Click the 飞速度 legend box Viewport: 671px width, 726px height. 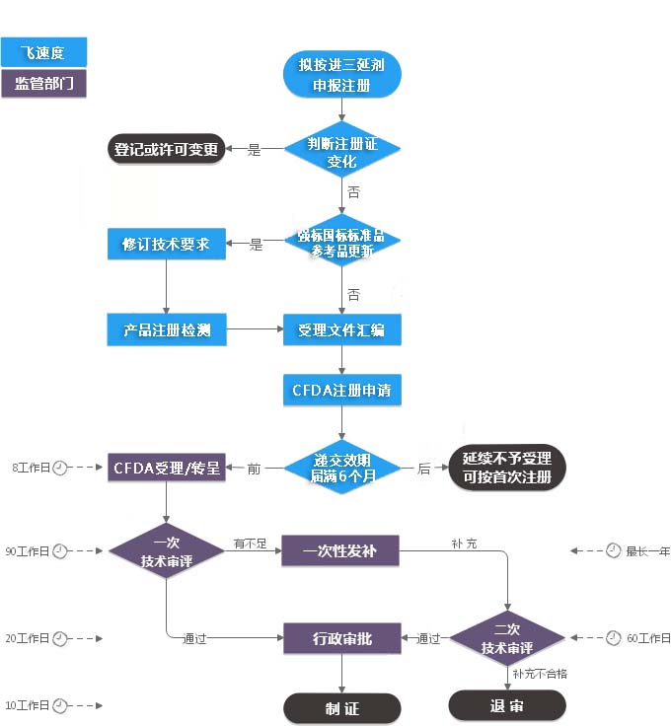pyautogui.click(x=44, y=52)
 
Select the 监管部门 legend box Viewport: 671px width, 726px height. pyautogui.click(x=44, y=83)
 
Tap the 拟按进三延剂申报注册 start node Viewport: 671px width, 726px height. pyautogui.click(x=341, y=75)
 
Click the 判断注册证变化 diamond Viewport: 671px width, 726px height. pyautogui.click(x=341, y=151)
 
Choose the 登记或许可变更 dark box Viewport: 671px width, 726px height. pyautogui.click(x=165, y=150)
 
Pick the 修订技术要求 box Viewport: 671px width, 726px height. pyautogui.click(x=166, y=244)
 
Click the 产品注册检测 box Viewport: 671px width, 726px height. pyautogui.click(x=166, y=328)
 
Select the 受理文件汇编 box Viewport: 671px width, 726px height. pyautogui.click(x=341, y=328)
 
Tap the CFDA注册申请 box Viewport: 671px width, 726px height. pyautogui.click(x=341, y=390)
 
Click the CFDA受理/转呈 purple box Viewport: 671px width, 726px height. pyautogui.click(x=166, y=468)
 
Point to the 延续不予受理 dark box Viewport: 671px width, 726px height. pyautogui.click(x=507, y=468)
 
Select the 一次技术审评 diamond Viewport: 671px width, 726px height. pyautogui.click(x=166, y=550)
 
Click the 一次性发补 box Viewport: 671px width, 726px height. pyautogui.click(x=340, y=550)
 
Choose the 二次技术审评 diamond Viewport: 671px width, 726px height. pyautogui.click(x=507, y=638)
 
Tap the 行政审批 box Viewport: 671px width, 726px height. pyautogui.click(x=341, y=638)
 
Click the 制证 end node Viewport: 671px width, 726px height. pyautogui.click(x=341, y=708)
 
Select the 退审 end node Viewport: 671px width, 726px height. pyautogui.click(x=507, y=704)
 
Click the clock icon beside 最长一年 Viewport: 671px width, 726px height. pyautogui.click(x=613, y=550)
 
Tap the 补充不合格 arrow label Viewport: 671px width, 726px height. pyautogui.click(x=541, y=674)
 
